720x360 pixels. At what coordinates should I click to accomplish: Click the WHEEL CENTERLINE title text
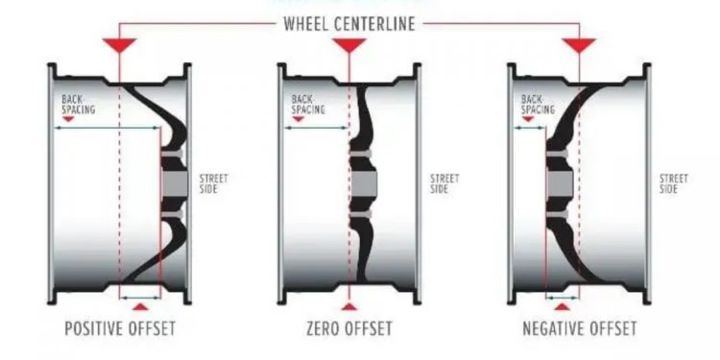point(348,24)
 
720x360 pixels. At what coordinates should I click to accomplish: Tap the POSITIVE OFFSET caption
point(120,329)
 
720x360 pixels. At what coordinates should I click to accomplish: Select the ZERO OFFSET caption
point(348,329)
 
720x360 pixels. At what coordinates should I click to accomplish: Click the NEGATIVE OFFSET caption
point(579,329)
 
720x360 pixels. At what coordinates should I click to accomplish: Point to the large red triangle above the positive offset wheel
point(120,45)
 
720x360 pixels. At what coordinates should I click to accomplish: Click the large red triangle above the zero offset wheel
point(349,45)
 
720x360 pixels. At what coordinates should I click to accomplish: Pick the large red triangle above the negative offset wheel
point(579,45)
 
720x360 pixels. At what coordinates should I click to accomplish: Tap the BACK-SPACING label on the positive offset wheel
point(79,104)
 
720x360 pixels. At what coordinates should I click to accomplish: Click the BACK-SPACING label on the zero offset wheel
point(308,104)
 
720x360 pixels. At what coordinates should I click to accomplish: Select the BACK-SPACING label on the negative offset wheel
point(538,104)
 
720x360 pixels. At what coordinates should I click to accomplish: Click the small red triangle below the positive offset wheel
point(140,306)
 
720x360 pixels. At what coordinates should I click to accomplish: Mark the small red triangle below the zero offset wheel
point(349,306)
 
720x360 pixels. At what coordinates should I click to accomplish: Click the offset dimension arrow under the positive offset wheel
point(140,297)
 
